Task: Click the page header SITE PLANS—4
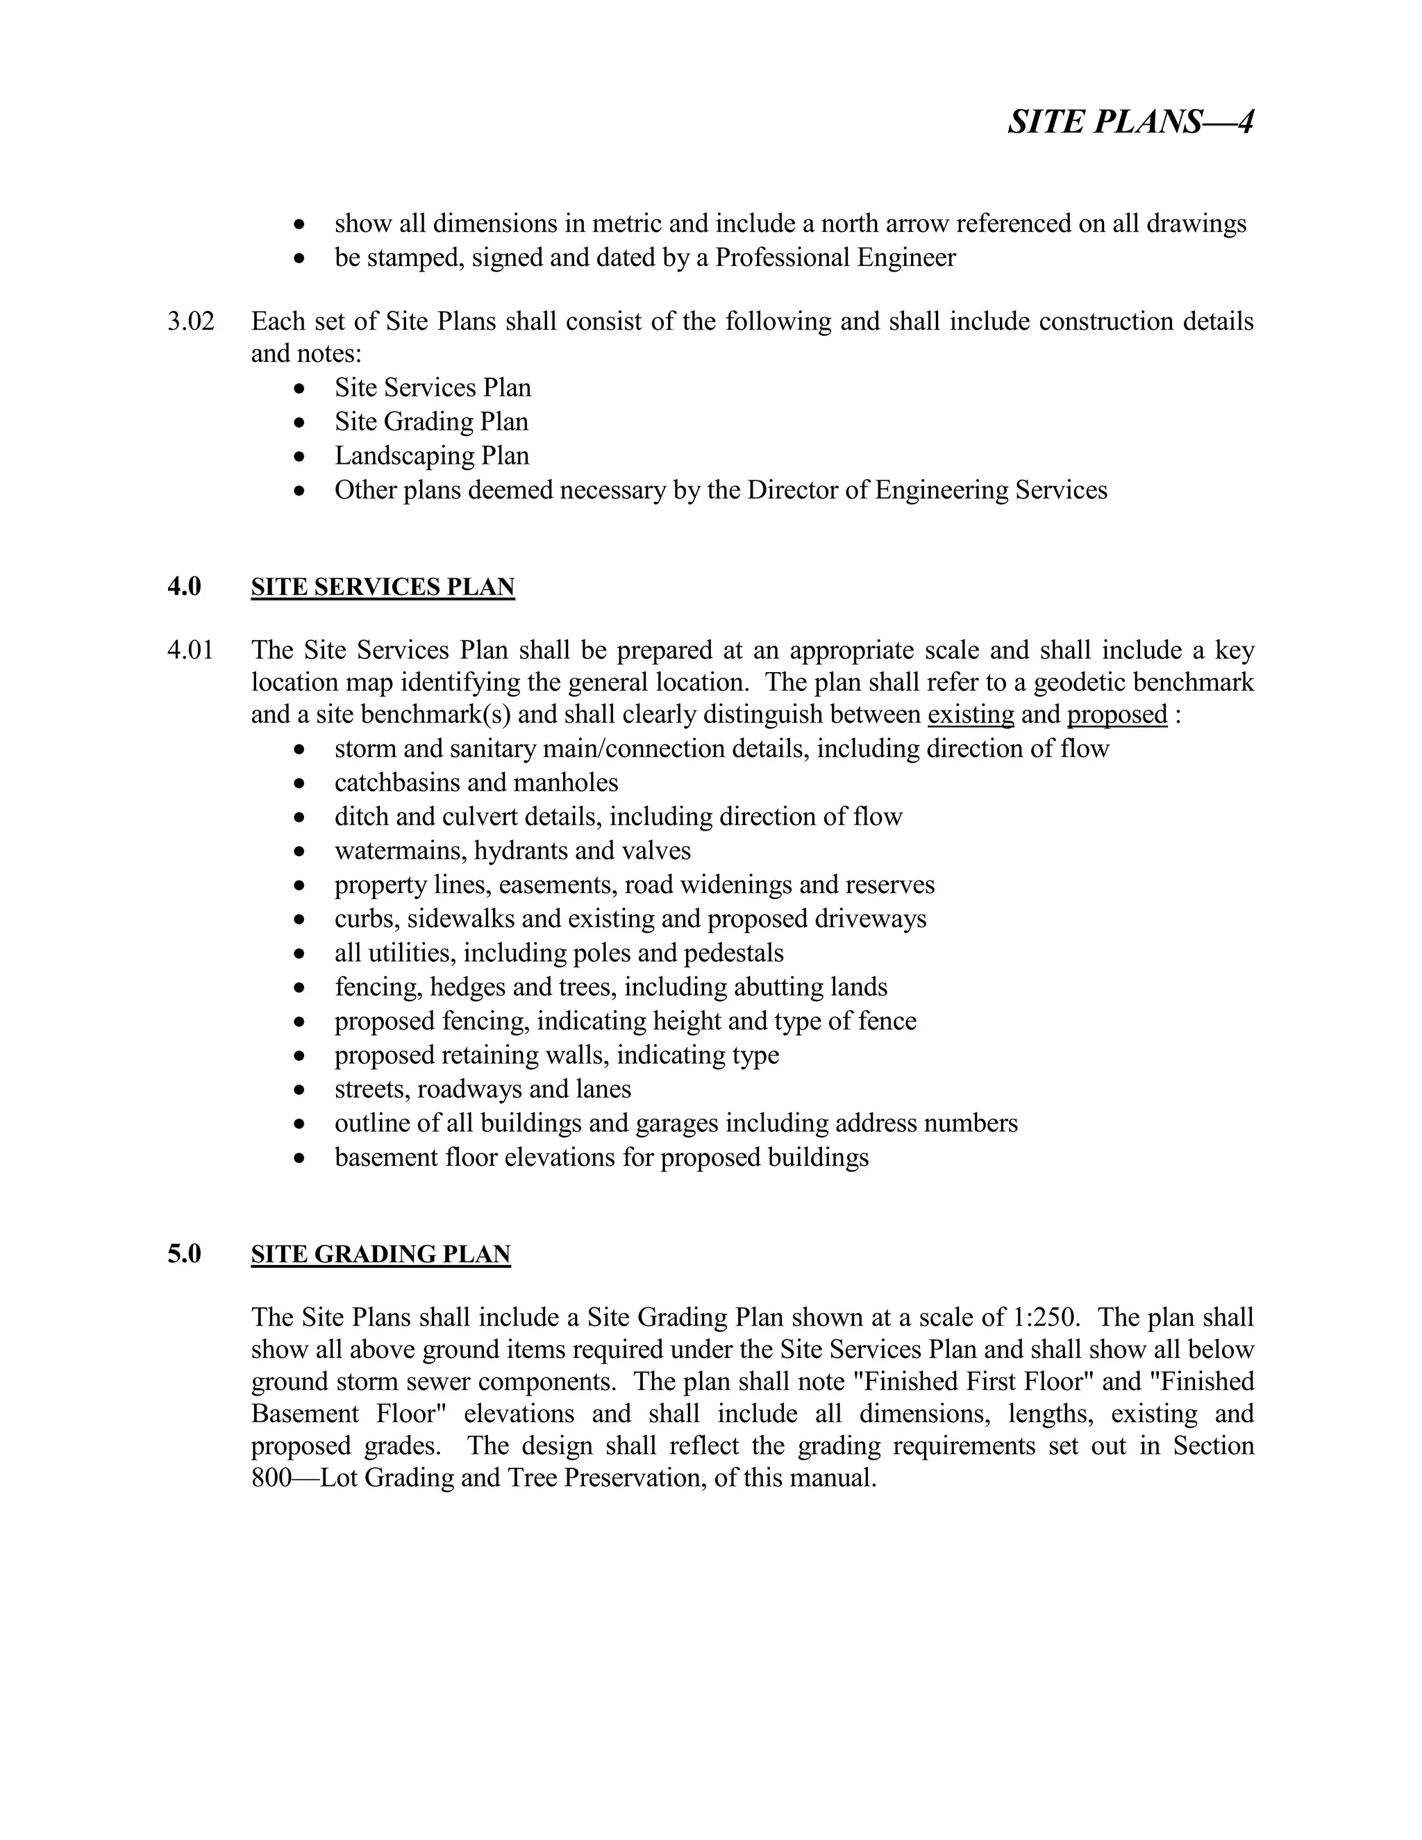(1130, 122)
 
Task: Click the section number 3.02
(190, 321)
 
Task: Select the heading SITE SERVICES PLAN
(383, 587)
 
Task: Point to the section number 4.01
(190, 650)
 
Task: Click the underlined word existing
(971, 714)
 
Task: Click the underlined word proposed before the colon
(1116, 714)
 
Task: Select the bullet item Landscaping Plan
(431, 455)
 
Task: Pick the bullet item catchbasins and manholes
(476, 783)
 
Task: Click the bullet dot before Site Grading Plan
(299, 423)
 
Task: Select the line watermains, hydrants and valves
(512, 851)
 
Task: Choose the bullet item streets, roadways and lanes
(482, 1089)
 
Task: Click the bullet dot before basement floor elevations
(299, 1158)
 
